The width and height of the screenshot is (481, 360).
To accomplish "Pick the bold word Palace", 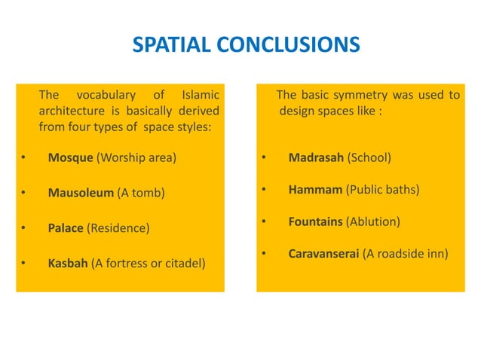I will pos(66,227).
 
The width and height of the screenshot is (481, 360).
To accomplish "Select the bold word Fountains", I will pos(316,222).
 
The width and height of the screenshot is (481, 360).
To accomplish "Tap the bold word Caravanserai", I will pos(324,254).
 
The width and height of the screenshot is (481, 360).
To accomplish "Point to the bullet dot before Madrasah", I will pos(264,158).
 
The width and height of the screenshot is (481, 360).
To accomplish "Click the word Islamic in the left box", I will pos(201,95).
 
